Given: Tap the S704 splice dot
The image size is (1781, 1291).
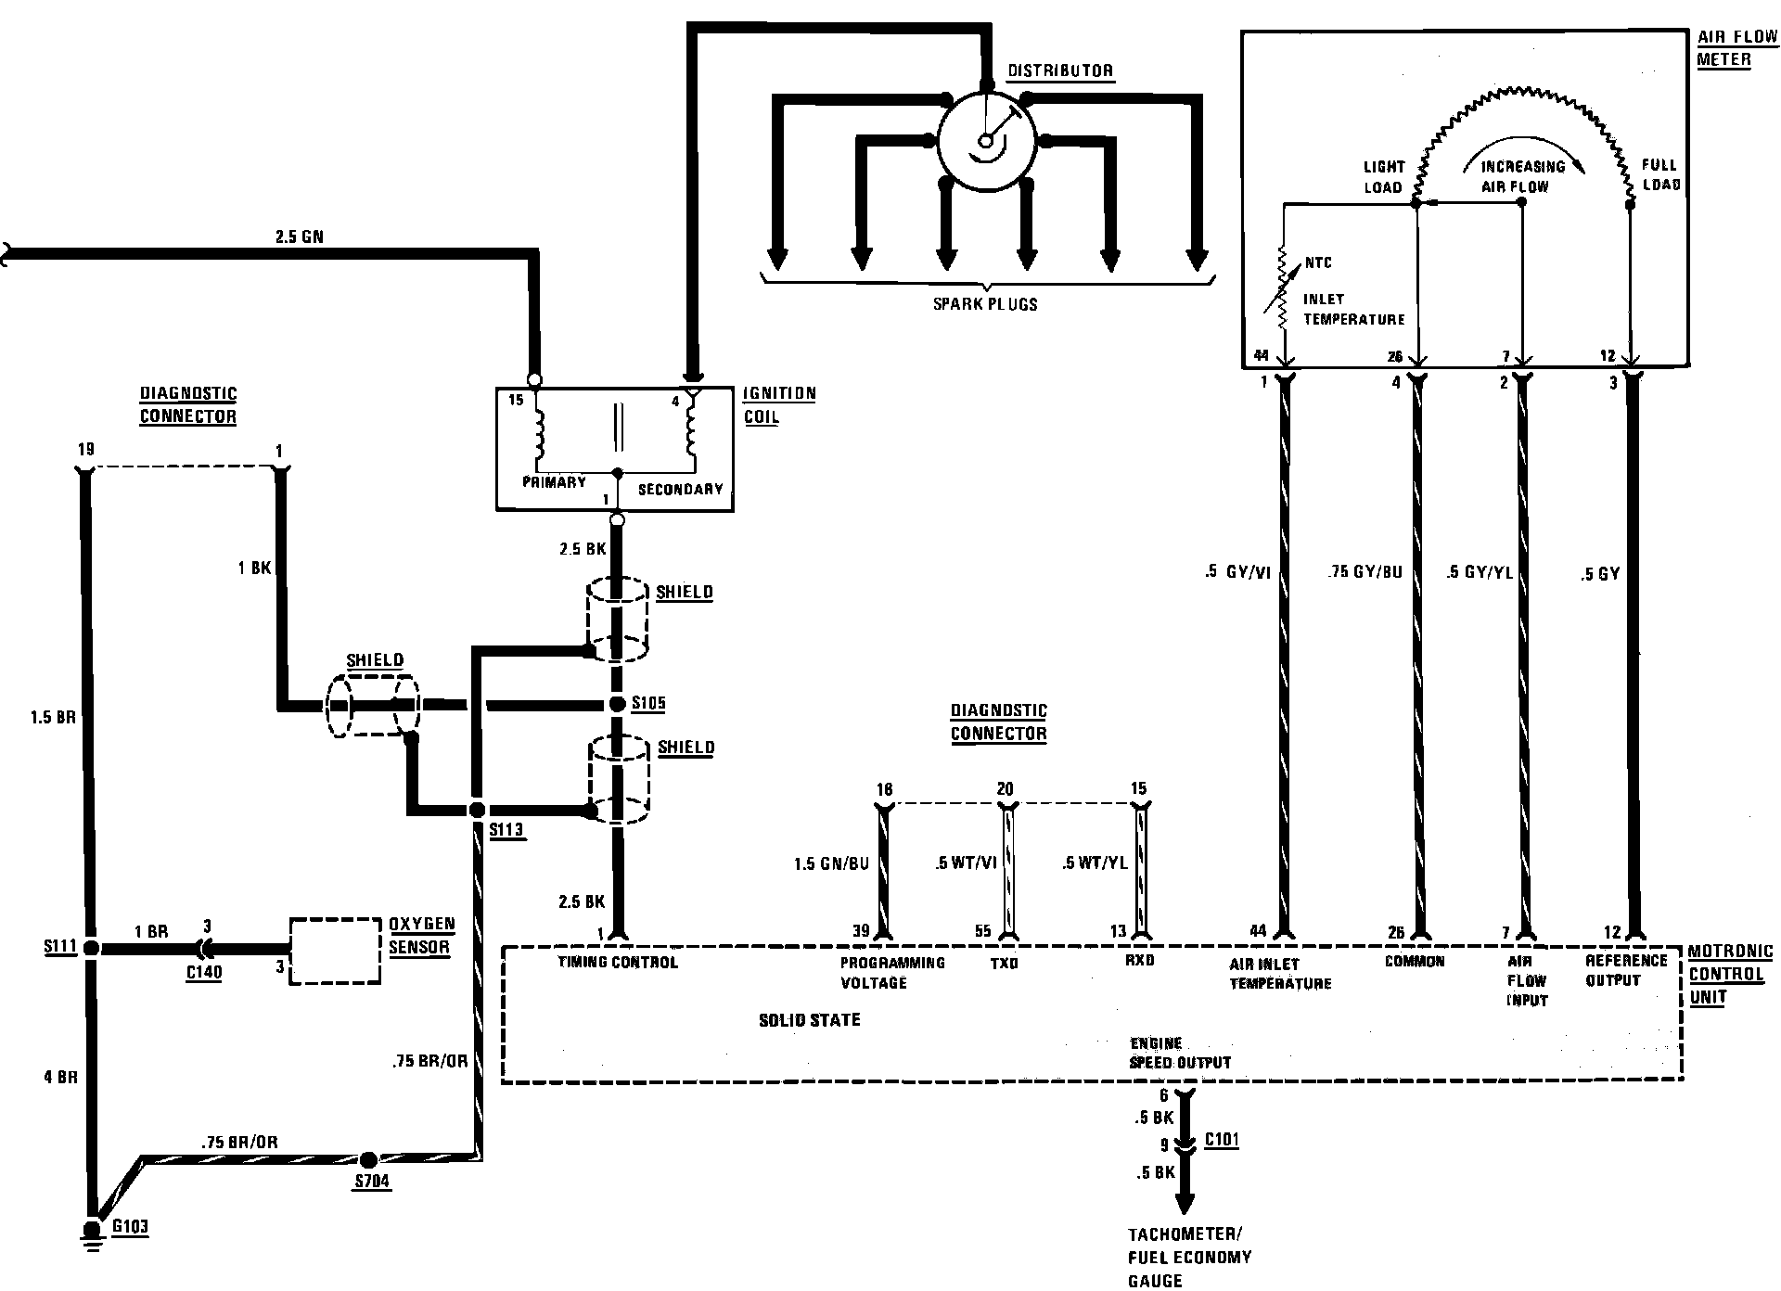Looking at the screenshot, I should [368, 1159].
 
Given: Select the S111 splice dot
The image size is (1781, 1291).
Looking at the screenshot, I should [91, 948].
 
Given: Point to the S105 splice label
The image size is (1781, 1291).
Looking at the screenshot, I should [648, 704].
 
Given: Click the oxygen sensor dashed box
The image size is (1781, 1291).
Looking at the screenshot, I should [335, 951].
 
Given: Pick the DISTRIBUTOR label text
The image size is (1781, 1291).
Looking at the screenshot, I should [1060, 71].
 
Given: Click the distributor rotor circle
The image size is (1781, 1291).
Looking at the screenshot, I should [986, 142].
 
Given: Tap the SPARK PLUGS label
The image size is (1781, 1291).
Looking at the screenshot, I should [985, 303].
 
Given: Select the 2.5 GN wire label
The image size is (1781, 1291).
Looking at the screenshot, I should [300, 236].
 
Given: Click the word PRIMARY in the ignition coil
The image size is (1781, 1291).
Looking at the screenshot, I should [554, 482].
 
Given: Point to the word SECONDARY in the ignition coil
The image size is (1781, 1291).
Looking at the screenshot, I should [680, 489].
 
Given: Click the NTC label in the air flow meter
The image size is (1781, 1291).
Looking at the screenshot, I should [1318, 262].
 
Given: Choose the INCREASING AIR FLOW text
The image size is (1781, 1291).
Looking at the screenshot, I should [1521, 176].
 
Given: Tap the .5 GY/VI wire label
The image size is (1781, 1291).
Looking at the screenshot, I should [1237, 573].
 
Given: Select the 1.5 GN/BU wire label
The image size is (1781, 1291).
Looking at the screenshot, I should [831, 863].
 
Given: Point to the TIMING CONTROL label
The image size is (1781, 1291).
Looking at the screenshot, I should [618, 963].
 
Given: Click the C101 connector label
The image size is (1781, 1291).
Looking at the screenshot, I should [1222, 1140].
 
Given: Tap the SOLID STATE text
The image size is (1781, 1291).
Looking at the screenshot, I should [810, 1020].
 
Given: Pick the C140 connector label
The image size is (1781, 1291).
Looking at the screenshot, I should [203, 973].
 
